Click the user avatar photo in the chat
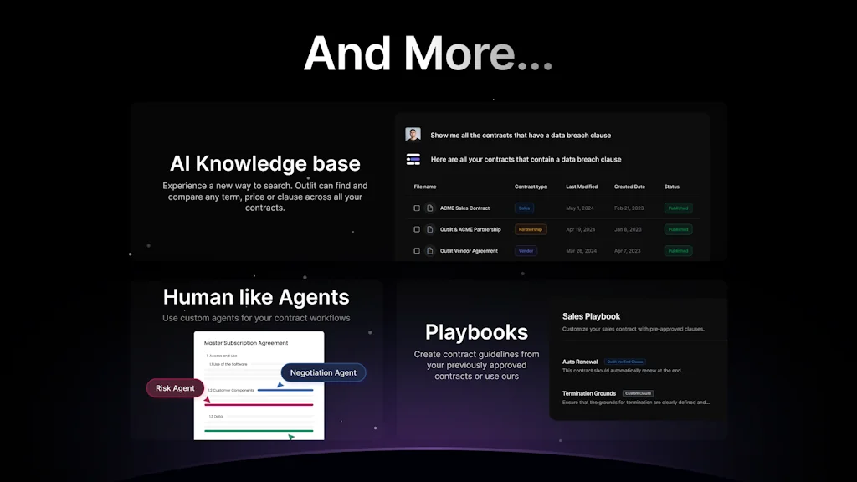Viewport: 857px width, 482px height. pyautogui.click(x=413, y=135)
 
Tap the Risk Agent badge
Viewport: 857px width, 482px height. pyautogui.click(x=175, y=388)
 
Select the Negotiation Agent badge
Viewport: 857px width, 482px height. pyautogui.click(x=323, y=372)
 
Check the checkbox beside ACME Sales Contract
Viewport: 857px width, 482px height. pyautogui.click(x=417, y=208)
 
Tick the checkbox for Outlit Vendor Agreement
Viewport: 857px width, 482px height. pyautogui.click(x=417, y=251)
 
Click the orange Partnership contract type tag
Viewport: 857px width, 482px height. pyautogui.click(x=530, y=229)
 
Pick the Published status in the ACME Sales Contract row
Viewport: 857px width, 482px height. pyautogui.click(x=678, y=208)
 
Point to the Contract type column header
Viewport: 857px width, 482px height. pyautogui.click(x=531, y=187)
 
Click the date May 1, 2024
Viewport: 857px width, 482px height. pyautogui.click(x=579, y=208)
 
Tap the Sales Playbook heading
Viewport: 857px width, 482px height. pyautogui.click(x=591, y=316)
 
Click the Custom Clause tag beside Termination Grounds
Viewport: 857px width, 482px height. pyautogui.click(x=637, y=393)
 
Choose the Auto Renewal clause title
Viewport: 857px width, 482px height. pyautogui.click(x=580, y=361)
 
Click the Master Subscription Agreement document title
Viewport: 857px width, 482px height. pyautogui.click(x=246, y=343)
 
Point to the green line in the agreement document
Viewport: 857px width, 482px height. pyautogui.click(x=260, y=431)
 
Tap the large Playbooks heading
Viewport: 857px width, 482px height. pyautogui.click(x=476, y=332)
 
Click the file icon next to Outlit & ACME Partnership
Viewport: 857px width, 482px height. pyautogui.click(x=429, y=229)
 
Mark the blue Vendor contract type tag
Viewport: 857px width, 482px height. pyautogui.click(x=526, y=251)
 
